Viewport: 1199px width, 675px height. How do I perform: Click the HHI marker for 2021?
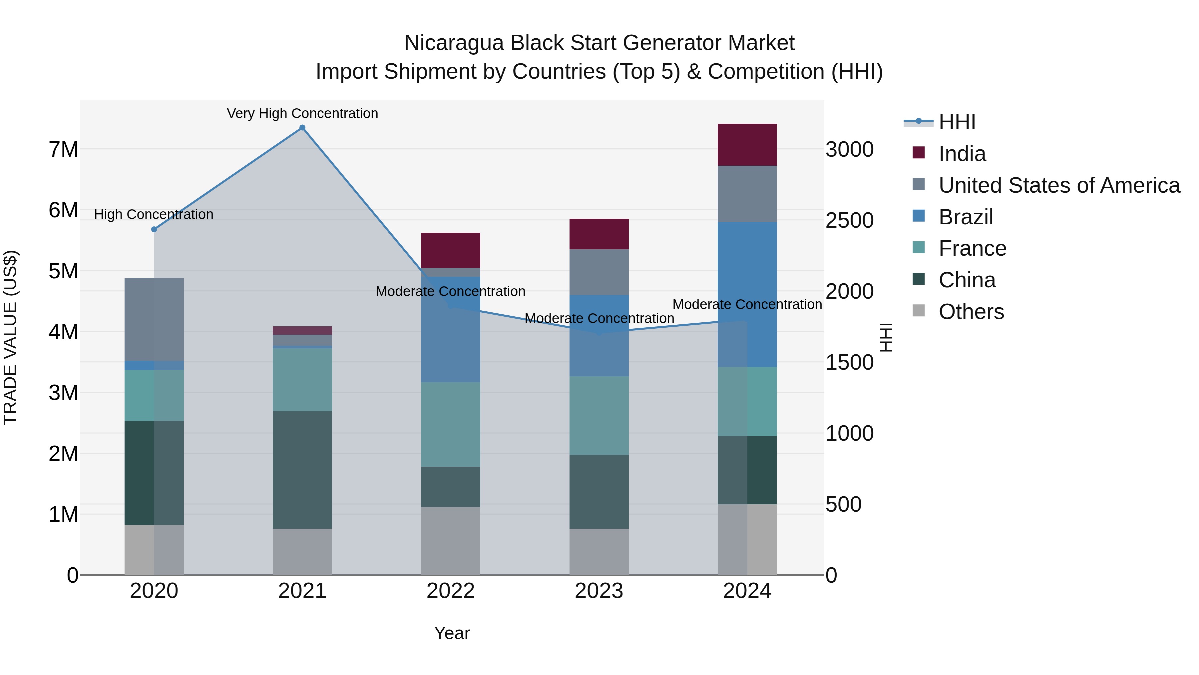tap(302, 128)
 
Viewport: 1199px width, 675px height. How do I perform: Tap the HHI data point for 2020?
tap(154, 229)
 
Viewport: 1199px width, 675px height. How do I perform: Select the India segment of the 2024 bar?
tap(747, 145)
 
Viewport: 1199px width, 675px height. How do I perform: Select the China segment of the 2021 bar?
tap(302, 470)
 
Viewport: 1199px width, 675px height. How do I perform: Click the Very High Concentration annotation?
tap(302, 113)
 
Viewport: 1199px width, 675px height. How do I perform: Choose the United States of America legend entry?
tap(1059, 185)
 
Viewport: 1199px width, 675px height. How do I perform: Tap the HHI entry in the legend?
tap(957, 122)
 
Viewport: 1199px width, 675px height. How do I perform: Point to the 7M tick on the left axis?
tap(63, 150)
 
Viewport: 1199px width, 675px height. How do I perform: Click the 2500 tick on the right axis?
tap(849, 220)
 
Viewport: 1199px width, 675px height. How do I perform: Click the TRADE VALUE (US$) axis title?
tap(10, 337)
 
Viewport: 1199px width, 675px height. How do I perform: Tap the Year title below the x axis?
tap(452, 633)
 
